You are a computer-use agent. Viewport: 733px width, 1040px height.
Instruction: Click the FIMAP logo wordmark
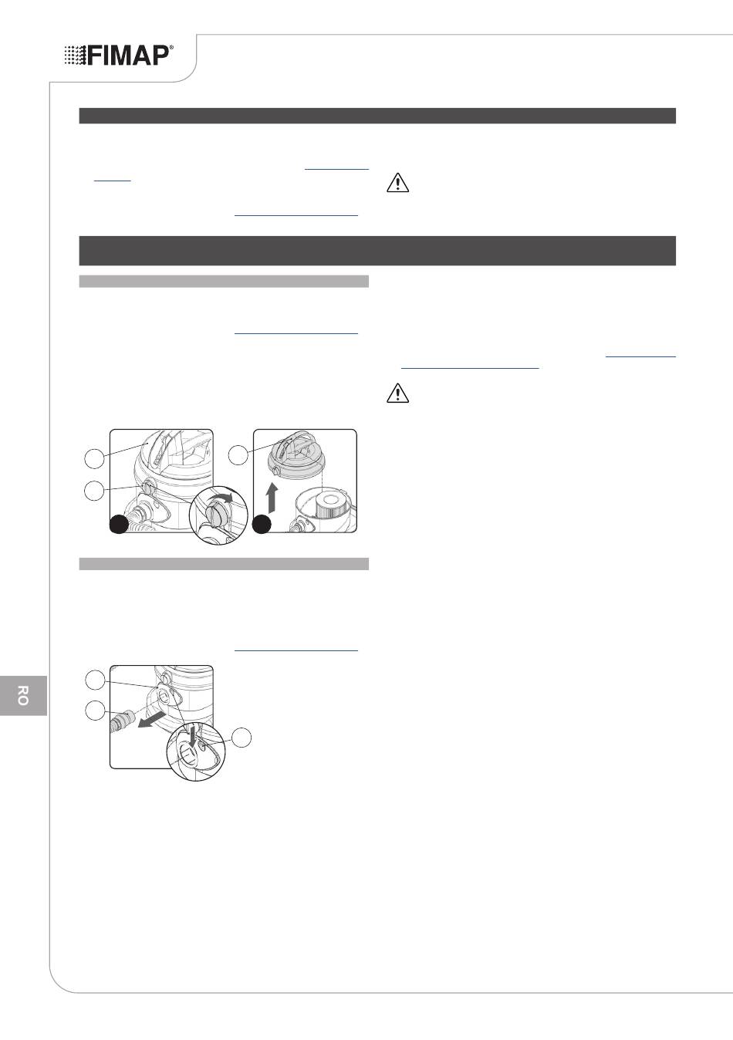pyautogui.click(x=128, y=56)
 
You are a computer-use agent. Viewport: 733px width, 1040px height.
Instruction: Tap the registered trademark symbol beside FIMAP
pyautogui.click(x=171, y=47)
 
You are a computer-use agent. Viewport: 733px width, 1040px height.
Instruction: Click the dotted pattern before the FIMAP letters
pyautogui.click(x=75, y=56)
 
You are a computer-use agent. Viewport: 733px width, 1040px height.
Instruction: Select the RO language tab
pyautogui.click(x=23, y=695)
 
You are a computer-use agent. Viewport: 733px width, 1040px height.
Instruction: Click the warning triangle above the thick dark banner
pyautogui.click(x=398, y=183)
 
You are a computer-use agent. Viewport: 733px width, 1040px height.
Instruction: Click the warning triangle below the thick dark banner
pyautogui.click(x=398, y=393)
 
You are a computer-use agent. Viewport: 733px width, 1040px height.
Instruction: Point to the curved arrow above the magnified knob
pyautogui.click(x=221, y=499)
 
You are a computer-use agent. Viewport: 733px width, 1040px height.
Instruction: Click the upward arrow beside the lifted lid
pyautogui.click(x=272, y=498)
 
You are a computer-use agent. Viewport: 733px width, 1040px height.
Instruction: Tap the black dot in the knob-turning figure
pyautogui.click(x=119, y=525)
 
